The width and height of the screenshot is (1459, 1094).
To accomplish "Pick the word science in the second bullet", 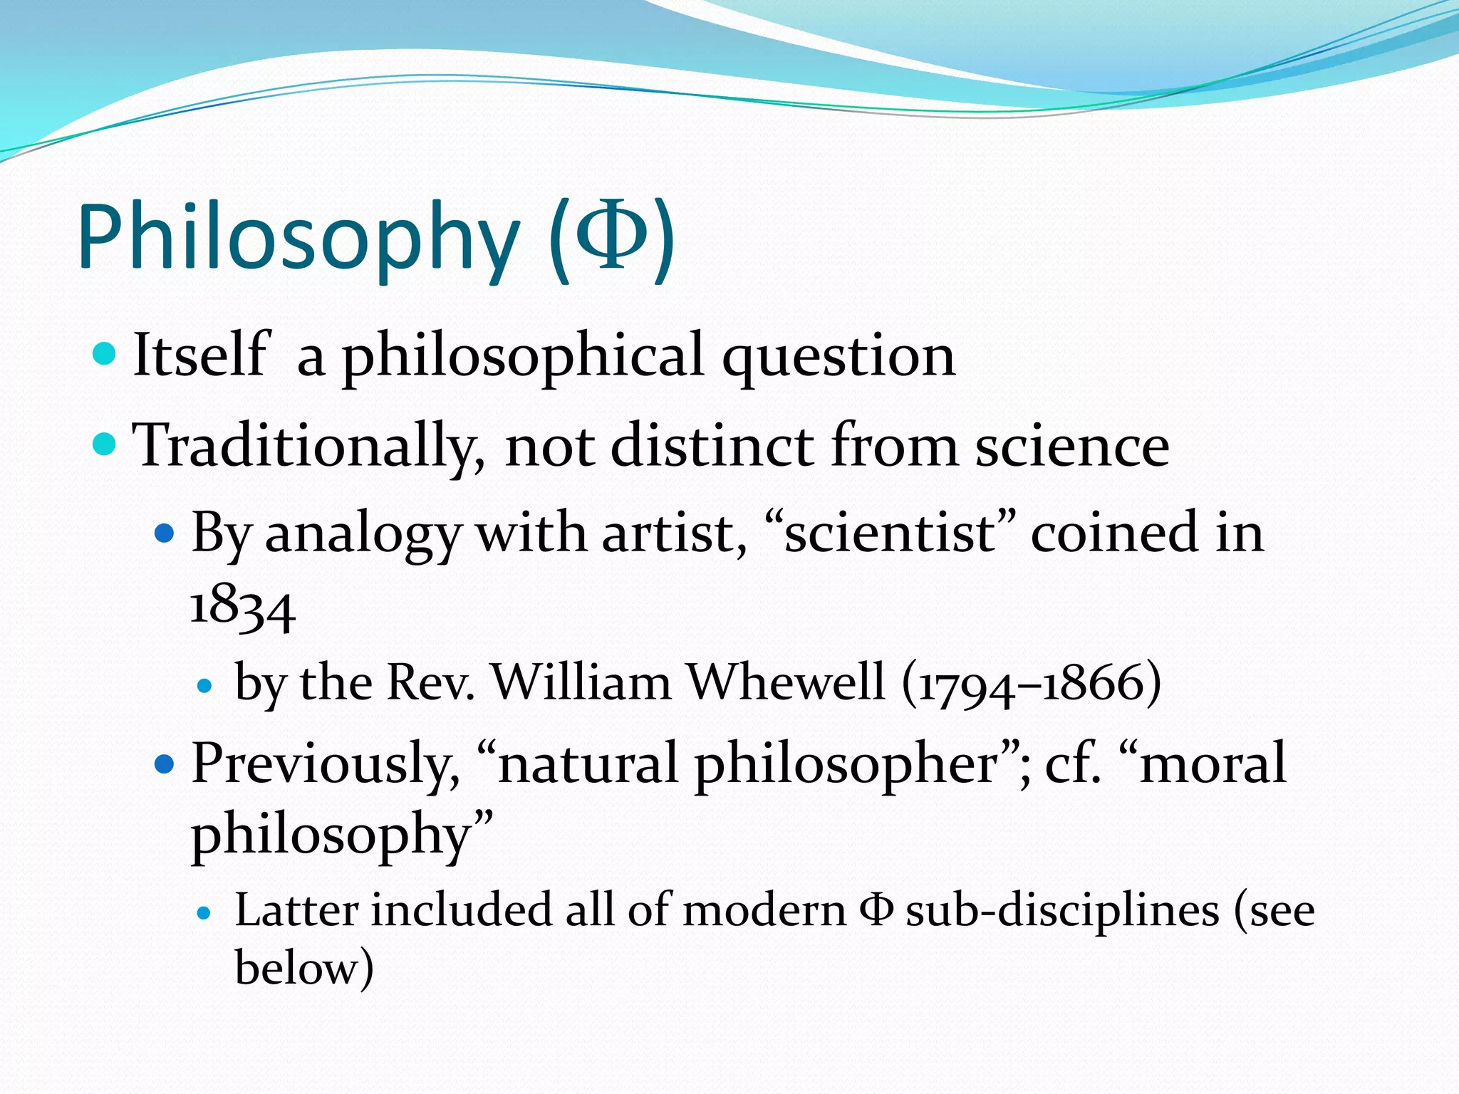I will click(1071, 447).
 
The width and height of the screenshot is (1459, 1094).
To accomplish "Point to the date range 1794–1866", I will click(1031, 684).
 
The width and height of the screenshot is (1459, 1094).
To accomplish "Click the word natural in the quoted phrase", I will click(588, 764).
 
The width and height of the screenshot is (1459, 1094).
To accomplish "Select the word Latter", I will click(296, 911).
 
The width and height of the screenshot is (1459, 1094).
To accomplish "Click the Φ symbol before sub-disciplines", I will click(876, 911).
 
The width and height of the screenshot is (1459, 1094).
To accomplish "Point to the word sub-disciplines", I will click(1062, 912).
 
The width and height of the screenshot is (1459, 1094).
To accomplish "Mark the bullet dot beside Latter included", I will click(204, 913).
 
